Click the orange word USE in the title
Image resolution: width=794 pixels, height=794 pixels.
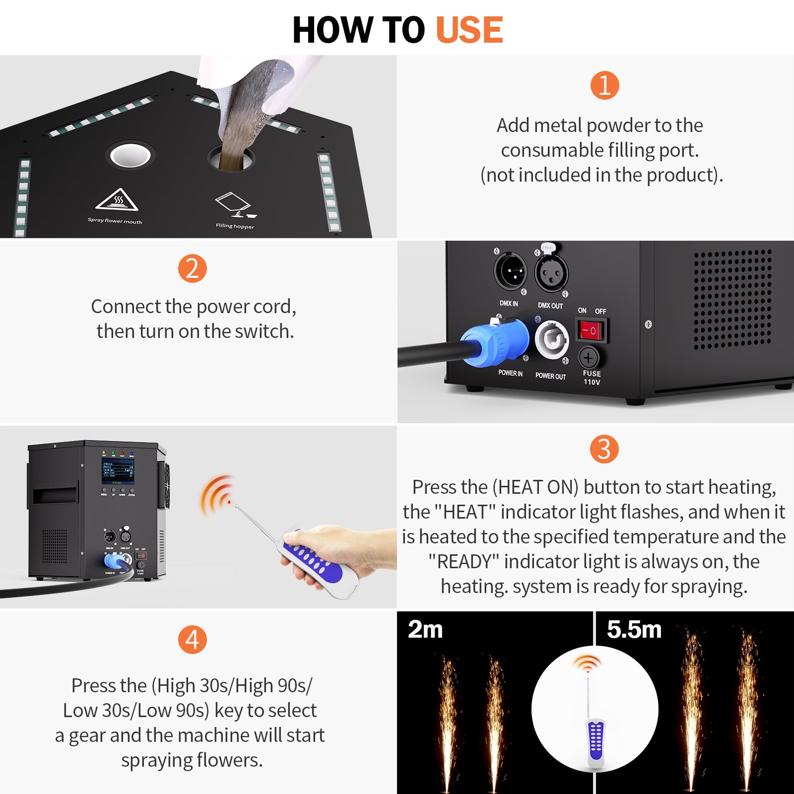point(469,30)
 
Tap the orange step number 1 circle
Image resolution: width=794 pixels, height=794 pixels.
point(604,85)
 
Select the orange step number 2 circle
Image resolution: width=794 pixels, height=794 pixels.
point(192,268)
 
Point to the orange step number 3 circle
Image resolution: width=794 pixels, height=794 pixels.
point(604,449)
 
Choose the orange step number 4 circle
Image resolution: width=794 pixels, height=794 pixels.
point(192,640)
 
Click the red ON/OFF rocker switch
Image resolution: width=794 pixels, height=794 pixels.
point(591,331)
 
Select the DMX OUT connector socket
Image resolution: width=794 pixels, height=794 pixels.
point(551,273)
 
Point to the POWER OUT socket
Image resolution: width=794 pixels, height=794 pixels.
point(551,340)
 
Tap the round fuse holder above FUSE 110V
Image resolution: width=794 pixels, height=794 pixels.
point(589,357)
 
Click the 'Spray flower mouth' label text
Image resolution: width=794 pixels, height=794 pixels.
point(115,221)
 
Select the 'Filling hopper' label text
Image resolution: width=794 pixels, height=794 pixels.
point(235,226)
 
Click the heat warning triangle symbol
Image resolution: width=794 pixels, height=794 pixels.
point(117,200)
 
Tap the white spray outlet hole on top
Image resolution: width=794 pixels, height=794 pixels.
point(131,155)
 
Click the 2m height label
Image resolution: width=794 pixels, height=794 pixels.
point(425,629)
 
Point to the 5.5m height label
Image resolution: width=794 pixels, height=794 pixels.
point(634,629)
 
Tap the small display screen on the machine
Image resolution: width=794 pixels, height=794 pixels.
point(118,471)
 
